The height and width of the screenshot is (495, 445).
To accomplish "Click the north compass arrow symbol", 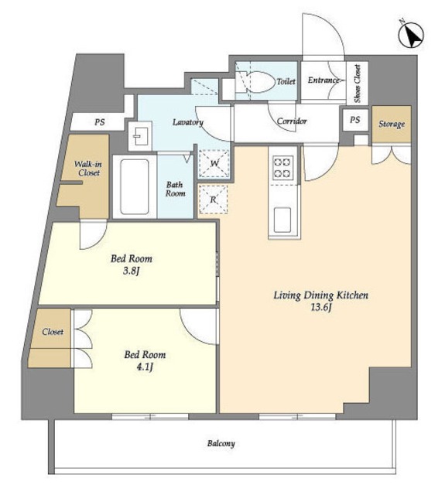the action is tap(411, 36).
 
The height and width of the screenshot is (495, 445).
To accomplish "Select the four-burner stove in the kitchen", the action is tap(282, 167).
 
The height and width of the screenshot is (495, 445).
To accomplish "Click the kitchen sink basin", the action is tap(282, 220).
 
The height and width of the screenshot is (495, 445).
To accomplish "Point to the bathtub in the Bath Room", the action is tap(135, 186).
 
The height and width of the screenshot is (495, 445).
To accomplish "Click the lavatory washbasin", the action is tap(140, 136).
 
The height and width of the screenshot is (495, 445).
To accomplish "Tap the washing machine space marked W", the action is tap(214, 163).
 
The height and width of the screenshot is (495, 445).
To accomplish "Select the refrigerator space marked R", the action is tap(213, 200).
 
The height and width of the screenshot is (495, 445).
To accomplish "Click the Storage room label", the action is tap(392, 124).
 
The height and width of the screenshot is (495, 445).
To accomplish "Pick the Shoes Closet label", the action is tap(358, 84).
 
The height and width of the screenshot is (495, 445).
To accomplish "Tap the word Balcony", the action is tap(221, 443).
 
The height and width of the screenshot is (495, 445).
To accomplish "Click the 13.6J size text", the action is tap(321, 307).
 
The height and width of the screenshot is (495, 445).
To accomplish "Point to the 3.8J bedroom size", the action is tap(132, 271).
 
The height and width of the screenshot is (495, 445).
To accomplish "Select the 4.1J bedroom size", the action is tap(145, 367).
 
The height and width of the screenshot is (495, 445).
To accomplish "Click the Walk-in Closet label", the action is tap(88, 169).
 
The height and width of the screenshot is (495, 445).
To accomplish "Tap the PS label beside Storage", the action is tap(355, 120).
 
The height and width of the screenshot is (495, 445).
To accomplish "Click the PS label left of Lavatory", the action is tap(100, 122).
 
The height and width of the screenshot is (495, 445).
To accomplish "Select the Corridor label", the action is tap(292, 121).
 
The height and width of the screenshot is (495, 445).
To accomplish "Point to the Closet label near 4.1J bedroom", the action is tap(53, 332).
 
